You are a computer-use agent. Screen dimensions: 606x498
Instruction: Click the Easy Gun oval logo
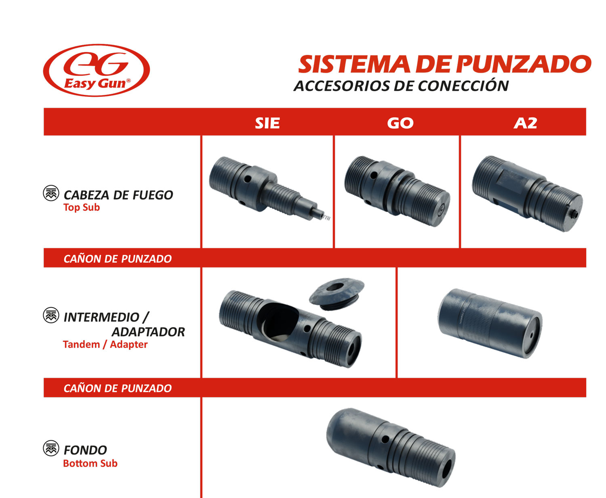click(x=96, y=70)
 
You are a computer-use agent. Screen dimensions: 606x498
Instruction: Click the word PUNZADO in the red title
click(x=523, y=64)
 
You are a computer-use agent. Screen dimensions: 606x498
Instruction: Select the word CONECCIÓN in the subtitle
click(x=463, y=86)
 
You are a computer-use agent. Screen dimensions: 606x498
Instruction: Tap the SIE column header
click(x=267, y=123)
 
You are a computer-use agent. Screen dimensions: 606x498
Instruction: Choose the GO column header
click(x=400, y=123)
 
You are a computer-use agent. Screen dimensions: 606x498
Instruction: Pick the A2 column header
click(x=525, y=123)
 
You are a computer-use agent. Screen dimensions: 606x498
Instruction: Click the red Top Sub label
click(x=82, y=207)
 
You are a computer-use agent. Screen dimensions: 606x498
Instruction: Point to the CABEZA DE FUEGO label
click(x=118, y=195)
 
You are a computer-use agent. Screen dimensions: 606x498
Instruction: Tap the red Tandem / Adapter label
click(x=105, y=344)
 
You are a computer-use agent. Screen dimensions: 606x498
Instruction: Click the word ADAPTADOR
click(x=148, y=332)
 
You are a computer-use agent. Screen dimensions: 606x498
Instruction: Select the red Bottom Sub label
click(x=90, y=463)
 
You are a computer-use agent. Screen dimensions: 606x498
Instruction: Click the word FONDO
click(x=85, y=450)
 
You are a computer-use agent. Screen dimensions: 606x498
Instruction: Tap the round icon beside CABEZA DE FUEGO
click(x=51, y=193)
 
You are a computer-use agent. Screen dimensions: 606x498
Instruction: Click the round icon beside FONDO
click(x=51, y=448)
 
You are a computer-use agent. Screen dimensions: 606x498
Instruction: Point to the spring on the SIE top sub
click(x=327, y=218)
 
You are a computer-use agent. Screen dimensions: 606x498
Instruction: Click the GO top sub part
click(x=397, y=191)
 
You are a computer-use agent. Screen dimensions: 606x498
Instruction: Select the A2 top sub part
click(x=528, y=194)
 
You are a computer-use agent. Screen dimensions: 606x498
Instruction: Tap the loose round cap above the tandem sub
click(x=337, y=294)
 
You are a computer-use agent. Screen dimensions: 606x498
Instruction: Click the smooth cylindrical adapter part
click(x=490, y=324)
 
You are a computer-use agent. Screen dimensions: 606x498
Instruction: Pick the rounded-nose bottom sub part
click(x=391, y=447)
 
